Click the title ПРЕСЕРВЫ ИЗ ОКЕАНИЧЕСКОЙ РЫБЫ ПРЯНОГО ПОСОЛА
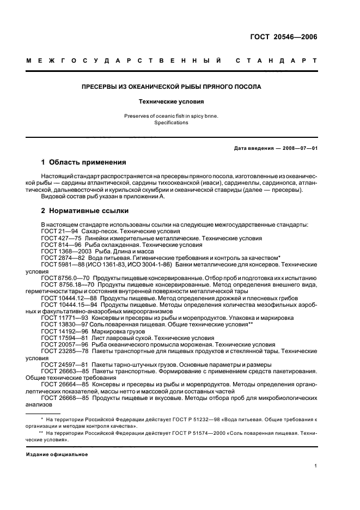click(x=171, y=87)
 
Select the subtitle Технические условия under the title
click(x=171, y=101)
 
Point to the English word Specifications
click(x=171, y=123)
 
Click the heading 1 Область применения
click(x=84, y=162)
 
